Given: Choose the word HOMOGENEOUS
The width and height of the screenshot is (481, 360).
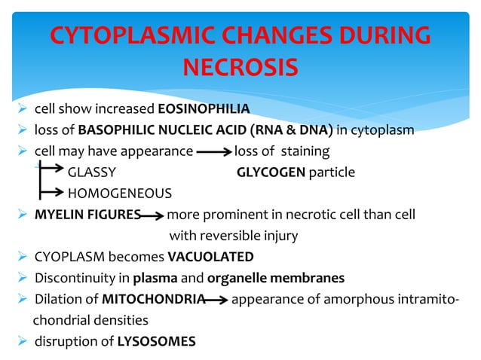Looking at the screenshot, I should pyautogui.click(x=120, y=194).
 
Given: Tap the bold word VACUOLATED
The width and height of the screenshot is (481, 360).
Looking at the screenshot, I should pyautogui.click(x=210, y=257).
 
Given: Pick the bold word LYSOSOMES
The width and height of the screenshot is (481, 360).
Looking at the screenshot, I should pyautogui.click(x=156, y=341).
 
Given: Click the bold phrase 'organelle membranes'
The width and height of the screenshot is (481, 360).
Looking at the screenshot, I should pyautogui.click(x=289, y=278).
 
